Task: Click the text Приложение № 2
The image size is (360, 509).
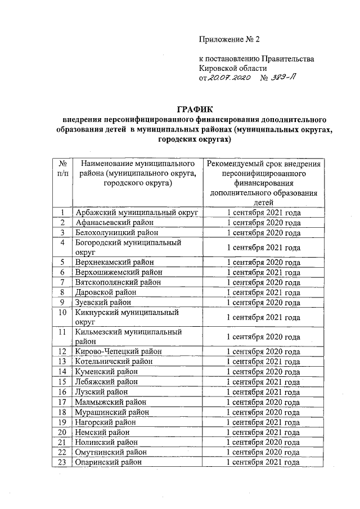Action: coord(230,39)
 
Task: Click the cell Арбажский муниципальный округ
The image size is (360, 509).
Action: coord(137,213)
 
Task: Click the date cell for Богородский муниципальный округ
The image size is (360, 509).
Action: coord(263,247)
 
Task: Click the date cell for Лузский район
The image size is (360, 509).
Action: coord(263,391)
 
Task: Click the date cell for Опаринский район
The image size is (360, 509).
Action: coord(263,462)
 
